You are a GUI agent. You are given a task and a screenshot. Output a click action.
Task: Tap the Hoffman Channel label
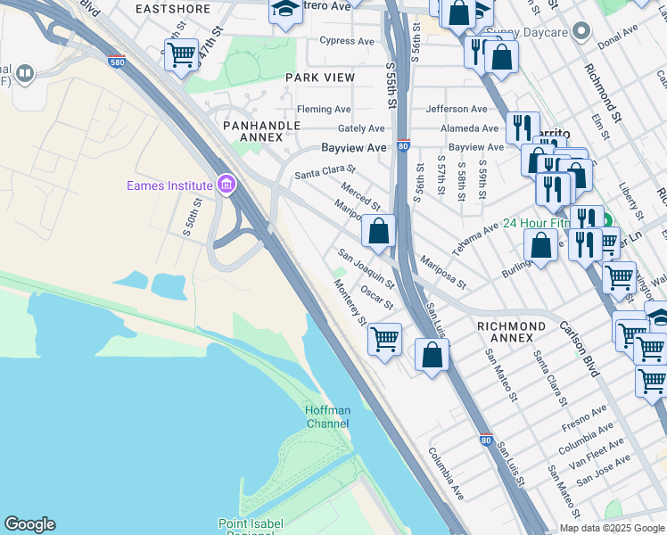[327, 416]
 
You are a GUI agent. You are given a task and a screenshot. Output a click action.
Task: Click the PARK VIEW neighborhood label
[320, 78]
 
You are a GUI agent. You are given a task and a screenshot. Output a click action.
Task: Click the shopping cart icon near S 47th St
[181, 54]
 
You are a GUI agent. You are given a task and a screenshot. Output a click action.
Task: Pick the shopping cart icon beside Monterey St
[384, 338]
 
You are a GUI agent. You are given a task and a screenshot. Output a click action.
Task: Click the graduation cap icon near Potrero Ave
[285, 11]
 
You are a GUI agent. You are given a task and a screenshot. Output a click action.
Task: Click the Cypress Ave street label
[347, 41]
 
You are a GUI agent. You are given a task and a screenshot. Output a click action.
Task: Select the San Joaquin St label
[366, 268]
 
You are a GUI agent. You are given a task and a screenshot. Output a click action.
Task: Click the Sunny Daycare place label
[534, 33]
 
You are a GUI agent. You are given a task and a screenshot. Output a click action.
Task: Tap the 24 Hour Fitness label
[535, 223]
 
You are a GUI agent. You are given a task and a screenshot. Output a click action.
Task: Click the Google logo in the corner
[29, 524]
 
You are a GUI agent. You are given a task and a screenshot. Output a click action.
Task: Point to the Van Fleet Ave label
[598, 456]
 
